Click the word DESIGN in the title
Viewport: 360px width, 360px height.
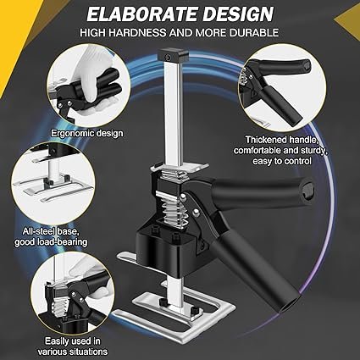tap(238, 14)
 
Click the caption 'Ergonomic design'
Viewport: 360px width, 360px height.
tap(87, 133)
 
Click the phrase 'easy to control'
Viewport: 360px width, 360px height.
tap(282, 161)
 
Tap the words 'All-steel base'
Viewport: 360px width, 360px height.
tap(50, 231)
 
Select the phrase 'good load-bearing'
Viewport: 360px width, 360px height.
tap(51, 242)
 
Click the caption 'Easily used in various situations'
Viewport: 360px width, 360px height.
tap(73, 346)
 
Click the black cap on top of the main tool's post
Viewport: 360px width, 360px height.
tap(173, 54)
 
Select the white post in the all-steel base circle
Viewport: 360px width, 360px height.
tap(53, 169)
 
